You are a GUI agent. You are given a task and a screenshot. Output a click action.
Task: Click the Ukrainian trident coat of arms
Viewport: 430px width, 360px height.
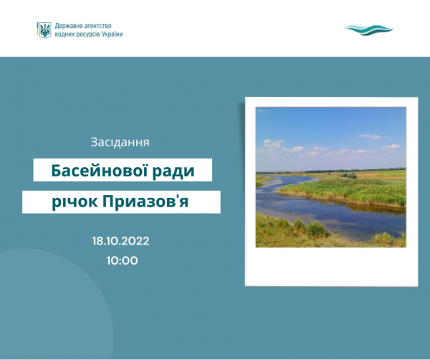[44, 30]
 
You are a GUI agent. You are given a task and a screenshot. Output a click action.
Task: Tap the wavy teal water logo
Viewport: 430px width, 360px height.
[368, 30]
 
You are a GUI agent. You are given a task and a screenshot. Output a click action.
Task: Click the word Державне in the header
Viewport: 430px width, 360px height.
[68, 26]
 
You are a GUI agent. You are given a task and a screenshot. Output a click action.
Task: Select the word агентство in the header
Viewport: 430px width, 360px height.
[97, 26]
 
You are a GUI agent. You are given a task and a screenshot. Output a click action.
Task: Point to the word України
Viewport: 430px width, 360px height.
[113, 34]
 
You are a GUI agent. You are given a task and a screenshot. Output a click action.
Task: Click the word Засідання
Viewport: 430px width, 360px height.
[120, 142]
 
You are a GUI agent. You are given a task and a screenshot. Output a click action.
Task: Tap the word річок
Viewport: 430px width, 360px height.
[75, 202]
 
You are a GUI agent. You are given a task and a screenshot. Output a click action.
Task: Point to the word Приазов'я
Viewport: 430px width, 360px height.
[145, 202]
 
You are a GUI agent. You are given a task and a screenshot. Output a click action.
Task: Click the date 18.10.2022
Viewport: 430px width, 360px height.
[120, 241]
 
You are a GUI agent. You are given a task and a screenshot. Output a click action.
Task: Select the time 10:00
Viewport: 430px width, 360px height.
[123, 260]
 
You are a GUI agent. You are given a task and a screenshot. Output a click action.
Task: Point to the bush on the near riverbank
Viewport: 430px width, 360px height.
[317, 229]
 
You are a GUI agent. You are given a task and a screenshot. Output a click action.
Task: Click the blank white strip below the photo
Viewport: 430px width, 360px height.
[331, 266]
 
